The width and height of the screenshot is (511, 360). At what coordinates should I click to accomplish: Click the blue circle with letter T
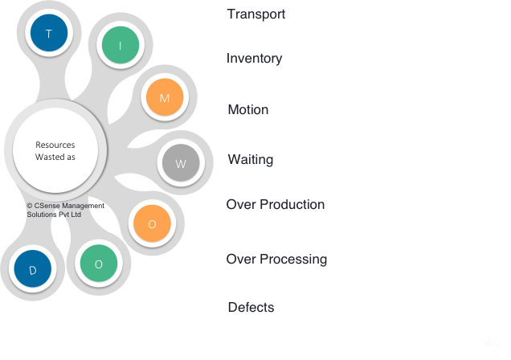coord(49,34)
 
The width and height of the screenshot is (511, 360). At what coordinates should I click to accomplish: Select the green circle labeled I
coord(120,46)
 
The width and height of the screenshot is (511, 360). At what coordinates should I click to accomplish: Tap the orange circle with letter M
coord(165,98)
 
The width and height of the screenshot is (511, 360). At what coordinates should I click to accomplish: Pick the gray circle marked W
coord(180,163)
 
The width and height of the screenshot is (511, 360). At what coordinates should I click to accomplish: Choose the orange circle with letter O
coord(152,224)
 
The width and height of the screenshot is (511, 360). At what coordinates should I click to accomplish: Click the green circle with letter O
coord(99,264)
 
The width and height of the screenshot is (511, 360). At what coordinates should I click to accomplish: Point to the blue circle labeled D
coord(33,270)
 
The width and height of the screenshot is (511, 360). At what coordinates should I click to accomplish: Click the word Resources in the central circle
coord(55,145)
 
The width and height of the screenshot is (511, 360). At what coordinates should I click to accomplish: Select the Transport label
coord(255,14)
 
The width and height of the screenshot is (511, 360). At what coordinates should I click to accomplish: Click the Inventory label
coord(254,58)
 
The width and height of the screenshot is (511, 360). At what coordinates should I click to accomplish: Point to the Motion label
coord(247,109)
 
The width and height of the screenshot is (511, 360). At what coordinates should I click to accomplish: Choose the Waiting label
coord(250,159)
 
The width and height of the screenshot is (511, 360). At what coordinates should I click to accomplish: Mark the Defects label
coord(250,307)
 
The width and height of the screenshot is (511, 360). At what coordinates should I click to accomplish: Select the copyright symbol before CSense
coord(30,206)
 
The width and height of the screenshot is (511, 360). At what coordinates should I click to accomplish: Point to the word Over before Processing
coord(240,259)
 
